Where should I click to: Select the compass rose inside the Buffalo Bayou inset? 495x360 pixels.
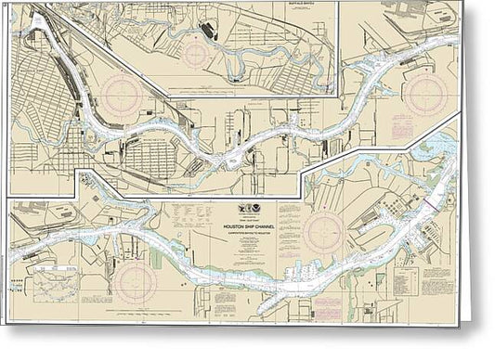(x=196, y=52)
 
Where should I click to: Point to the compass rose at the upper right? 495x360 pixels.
(x=430, y=93)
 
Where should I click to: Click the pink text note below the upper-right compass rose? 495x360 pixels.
(x=429, y=126)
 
